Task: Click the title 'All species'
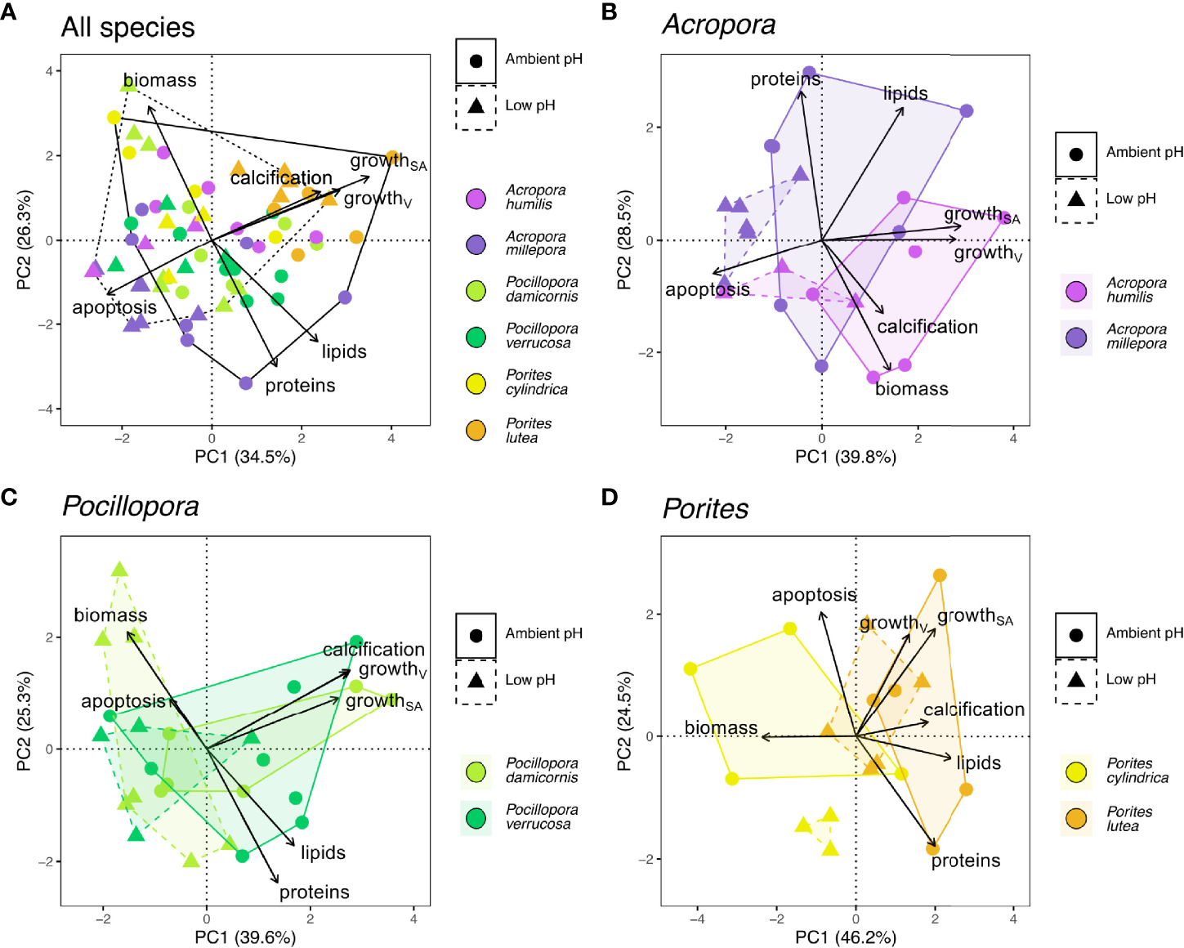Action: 127,28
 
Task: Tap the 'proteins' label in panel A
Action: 300,386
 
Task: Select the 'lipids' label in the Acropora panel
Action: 905,94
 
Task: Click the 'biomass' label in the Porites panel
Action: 721,728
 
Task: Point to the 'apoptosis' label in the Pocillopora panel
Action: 123,701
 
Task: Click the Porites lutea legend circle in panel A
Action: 476,431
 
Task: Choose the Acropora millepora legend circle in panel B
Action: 1076,338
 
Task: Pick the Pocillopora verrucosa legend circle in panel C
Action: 476,817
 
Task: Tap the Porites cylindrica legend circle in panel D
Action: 1076,771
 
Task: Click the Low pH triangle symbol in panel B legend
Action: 1076,199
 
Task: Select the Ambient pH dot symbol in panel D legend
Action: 1076,634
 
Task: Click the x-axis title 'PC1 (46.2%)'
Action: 846,937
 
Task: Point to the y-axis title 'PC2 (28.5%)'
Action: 624,240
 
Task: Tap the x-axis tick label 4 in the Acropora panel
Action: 1013,438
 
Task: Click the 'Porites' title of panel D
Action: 705,509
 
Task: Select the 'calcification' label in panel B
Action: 927,328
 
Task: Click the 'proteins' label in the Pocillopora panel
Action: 315,892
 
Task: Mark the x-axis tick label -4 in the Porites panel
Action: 696,919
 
